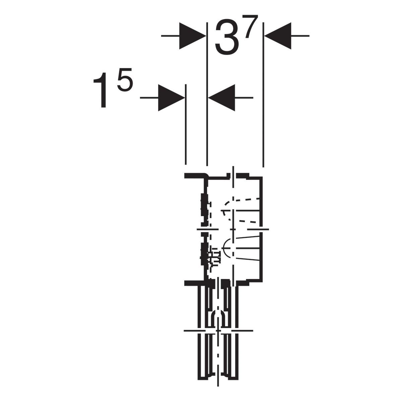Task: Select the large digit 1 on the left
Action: click(x=100, y=90)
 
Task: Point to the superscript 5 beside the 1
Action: click(x=125, y=79)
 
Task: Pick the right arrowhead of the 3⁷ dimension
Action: click(x=278, y=36)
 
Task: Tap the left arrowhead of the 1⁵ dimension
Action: click(x=172, y=97)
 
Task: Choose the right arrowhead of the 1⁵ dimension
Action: click(x=221, y=97)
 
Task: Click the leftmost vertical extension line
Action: click(x=186, y=125)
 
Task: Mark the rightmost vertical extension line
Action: click(x=263, y=94)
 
